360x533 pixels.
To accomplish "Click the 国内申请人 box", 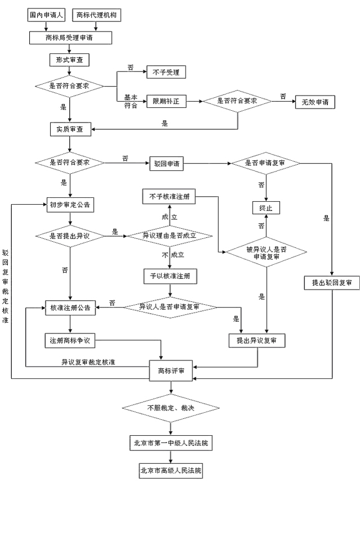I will click(x=47, y=15).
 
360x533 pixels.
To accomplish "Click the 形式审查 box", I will click(x=70, y=60).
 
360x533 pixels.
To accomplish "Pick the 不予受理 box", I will click(x=166, y=72).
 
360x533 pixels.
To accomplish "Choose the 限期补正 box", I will click(x=166, y=101).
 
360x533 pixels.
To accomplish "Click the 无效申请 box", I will click(x=314, y=102).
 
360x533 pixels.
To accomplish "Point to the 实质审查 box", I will click(x=70, y=129).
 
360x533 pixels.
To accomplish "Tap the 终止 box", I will click(x=265, y=208).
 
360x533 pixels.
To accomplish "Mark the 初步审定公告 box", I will click(x=70, y=205).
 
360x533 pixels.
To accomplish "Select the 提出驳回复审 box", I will click(x=331, y=283).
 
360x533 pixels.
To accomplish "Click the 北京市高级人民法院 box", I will click(x=170, y=471).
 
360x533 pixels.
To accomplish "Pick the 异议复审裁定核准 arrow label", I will click(x=89, y=362).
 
